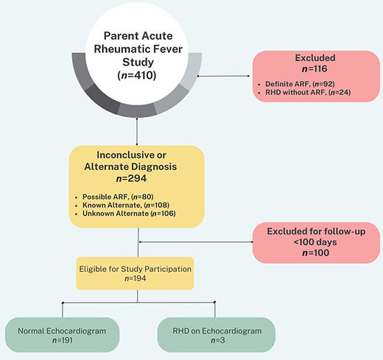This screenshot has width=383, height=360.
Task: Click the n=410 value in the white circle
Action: (138, 75)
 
